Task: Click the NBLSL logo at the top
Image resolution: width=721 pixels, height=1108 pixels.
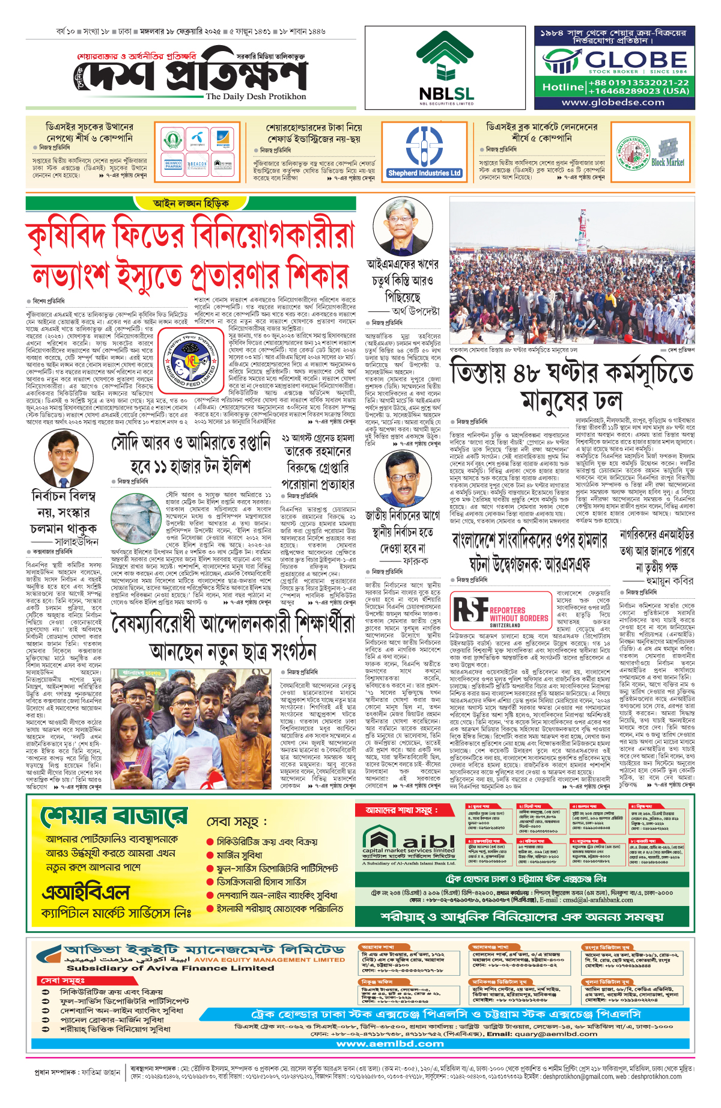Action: [446, 67]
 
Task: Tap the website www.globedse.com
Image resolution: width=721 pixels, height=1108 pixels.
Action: [613, 103]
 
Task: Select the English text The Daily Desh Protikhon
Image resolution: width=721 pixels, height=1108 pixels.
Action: [256, 96]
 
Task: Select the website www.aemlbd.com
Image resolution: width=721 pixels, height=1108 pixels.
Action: [390, 1044]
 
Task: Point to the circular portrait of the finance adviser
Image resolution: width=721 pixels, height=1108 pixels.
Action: [403, 228]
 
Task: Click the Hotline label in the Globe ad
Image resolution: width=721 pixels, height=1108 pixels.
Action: [562, 87]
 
